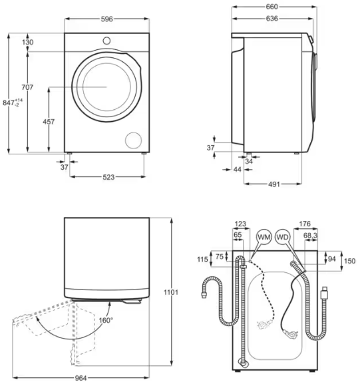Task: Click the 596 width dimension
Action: coord(107,19)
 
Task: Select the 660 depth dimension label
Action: coord(272,7)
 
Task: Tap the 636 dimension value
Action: coord(272,19)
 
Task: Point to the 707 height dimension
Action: coord(27,87)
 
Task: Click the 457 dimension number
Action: coord(49,122)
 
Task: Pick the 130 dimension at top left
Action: coord(27,42)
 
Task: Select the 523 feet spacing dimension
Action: coord(108,177)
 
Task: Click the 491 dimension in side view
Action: coord(274,184)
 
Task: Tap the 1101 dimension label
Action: coord(171,292)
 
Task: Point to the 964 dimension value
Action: coord(81,378)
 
